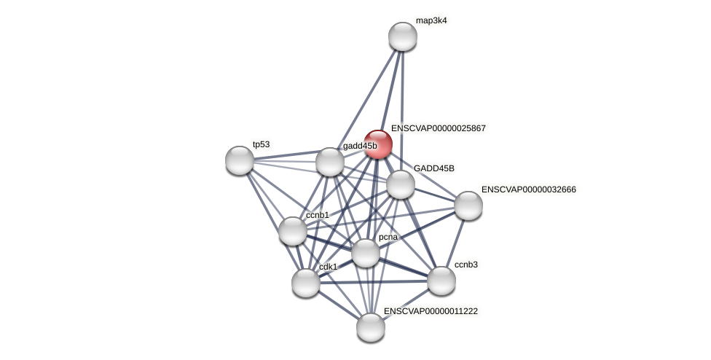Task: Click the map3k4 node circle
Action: [x=402, y=36]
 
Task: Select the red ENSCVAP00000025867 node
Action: [x=378, y=144]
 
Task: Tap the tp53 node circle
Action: [x=240, y=160]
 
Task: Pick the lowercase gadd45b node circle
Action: [x=330, y=162]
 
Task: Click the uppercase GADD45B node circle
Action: [x=401, y=184]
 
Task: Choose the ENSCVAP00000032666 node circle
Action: [x=468, y=206]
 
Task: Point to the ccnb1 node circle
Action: [x=293, y=231]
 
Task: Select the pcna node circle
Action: [x=366, y=253]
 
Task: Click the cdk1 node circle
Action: [x=306, y=283]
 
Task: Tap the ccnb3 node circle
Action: [x=441, y=281]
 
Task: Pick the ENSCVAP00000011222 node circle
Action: [x=371, y=327]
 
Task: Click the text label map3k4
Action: [x=431, y=20]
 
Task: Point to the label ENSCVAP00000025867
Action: [x=438, y=128]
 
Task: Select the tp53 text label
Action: [x=261, y=144]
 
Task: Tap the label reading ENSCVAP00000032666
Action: [x=528, y=189]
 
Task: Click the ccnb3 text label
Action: [x=466, y=265]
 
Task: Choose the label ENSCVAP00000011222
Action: [x=431, y=311]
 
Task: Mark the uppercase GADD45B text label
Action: [x=433, y=168]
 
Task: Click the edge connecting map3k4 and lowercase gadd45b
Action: [x=366, y=99]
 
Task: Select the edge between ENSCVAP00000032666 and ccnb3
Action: [x=455, y=243]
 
